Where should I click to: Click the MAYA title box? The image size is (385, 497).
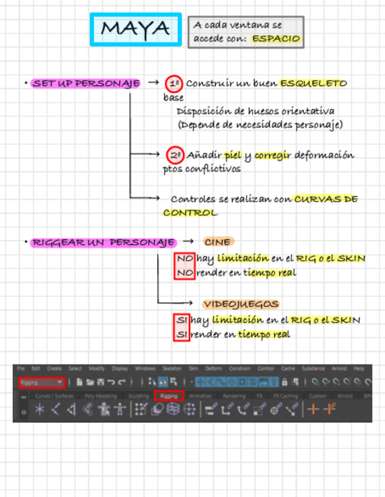tap(136, 29)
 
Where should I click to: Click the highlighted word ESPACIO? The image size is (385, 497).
tap(276, 39)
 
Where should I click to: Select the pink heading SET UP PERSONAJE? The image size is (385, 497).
tap(86, 83)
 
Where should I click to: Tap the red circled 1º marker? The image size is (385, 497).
tap(174, 83)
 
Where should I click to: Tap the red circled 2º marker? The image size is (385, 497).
tap(175, 155)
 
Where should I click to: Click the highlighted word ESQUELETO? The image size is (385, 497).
tap(313, 83)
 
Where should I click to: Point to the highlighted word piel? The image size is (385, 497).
tap(233, 155)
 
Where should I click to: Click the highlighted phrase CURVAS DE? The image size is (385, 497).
tap(326, 199)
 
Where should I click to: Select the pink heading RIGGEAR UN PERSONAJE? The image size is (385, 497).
tap(103, 242)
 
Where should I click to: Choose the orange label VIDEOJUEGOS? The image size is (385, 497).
tap(241, 304)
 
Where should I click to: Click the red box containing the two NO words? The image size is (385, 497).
tap(184, 266)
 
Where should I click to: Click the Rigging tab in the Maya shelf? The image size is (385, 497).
tap(169, 396)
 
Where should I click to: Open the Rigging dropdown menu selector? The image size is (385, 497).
tap(41, 383)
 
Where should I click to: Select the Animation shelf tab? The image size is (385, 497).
tap(201, 396)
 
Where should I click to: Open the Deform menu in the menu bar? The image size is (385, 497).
tap(214, 369)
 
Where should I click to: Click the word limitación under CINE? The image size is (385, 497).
tap(243, 258)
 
